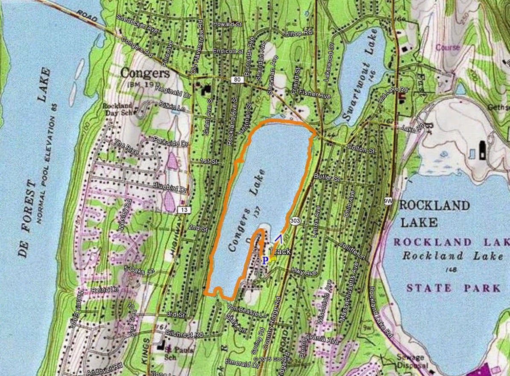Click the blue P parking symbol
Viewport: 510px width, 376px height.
(265, 260)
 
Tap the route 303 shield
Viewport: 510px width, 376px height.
(294, 220)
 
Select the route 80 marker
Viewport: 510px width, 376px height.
(237, 79)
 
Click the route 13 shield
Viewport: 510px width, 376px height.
(184, 209)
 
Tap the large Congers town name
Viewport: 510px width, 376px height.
(145, 73)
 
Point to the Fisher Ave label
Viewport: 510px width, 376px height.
(315, 94)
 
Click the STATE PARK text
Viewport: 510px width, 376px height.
(453, 288)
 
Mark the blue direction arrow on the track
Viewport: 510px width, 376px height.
(278, 238)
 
